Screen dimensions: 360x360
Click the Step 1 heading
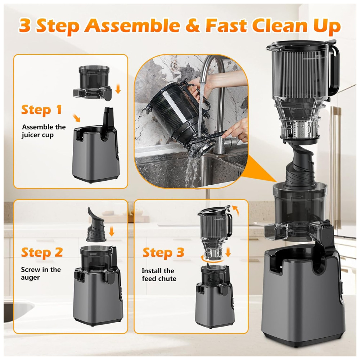[41, 109]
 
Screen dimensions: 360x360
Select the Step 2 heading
[42, 252]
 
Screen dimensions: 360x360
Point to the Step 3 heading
[163, 252]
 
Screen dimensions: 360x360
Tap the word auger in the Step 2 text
[30, 278]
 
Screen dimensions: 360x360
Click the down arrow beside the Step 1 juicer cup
[118, 89]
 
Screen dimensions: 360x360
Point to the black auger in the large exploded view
[300, 165]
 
